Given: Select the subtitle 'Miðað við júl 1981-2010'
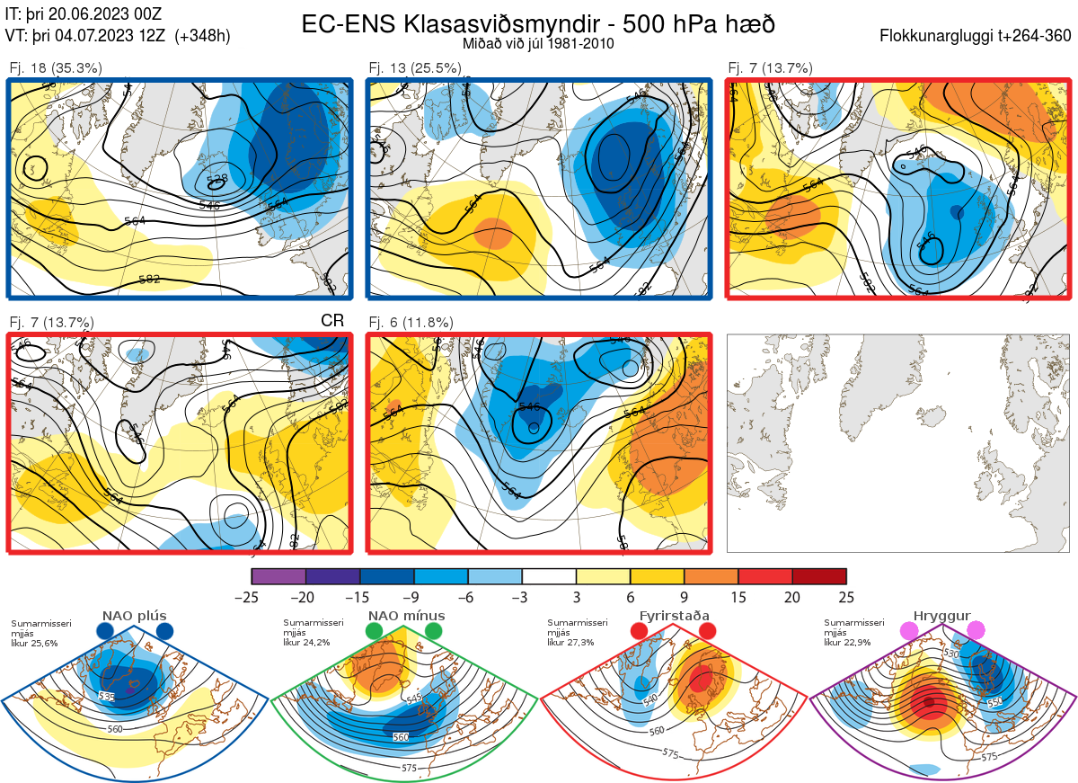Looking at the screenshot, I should click(538, 43).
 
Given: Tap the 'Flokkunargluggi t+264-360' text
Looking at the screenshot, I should click(977, 37).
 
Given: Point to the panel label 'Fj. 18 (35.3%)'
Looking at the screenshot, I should click(55, 67).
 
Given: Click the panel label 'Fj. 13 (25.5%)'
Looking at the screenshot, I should click(415, 67).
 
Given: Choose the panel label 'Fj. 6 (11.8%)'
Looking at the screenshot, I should click(411, 322).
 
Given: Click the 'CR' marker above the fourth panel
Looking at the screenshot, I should click(332, 321).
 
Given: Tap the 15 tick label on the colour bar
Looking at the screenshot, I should click(738, 597).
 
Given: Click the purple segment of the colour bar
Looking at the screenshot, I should click(278, 576).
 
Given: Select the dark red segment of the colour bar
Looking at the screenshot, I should click(819, 576).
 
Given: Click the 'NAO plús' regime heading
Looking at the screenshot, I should click(134, 616).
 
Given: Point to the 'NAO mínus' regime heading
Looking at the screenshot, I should click(406, 616).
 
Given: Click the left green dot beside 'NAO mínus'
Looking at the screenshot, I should click(374, 631).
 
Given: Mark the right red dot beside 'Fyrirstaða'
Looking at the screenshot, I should click(706, 631).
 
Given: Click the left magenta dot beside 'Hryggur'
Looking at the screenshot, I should click(909, 631).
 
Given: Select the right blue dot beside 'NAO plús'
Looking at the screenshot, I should click(164, 631).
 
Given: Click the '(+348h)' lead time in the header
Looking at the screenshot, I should click(203, 36).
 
